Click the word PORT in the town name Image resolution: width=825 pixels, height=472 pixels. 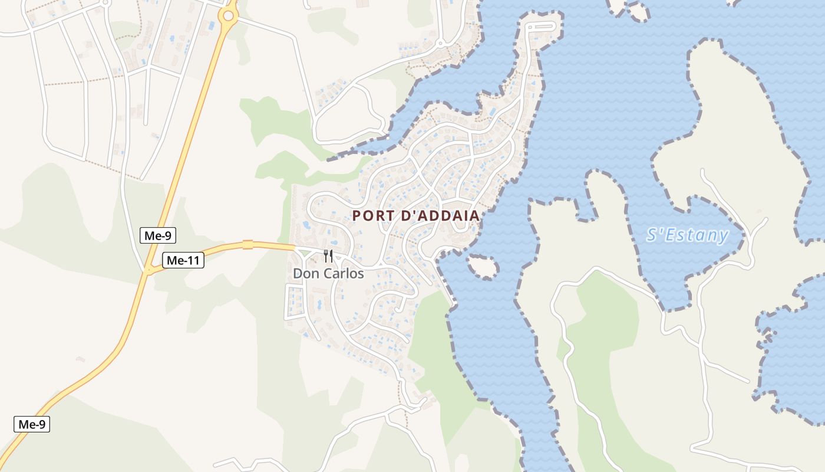(373, 216)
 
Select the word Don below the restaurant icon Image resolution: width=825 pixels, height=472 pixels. (305, 274)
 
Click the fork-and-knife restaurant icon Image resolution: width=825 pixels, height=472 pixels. (328, 256)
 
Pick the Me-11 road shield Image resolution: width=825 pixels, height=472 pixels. (183, 260)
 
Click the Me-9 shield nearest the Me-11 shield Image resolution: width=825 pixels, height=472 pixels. (159, 236)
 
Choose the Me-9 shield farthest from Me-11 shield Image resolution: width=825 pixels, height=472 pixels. (32, 424)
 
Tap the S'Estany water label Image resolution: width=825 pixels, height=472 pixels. (687, 235)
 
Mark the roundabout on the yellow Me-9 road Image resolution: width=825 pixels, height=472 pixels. (227, 17)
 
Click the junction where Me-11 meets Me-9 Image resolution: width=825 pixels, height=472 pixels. (146, 272)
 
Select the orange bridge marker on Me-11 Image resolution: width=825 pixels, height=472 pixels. (247, 244)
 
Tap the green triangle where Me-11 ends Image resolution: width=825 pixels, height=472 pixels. (305, 253)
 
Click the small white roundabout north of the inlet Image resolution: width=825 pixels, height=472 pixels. (439, 43)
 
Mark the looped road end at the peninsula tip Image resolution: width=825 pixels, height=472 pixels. (540, 27)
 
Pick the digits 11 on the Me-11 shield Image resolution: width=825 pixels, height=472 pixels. (192, 260)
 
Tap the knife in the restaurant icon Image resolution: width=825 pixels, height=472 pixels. (331, 256)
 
